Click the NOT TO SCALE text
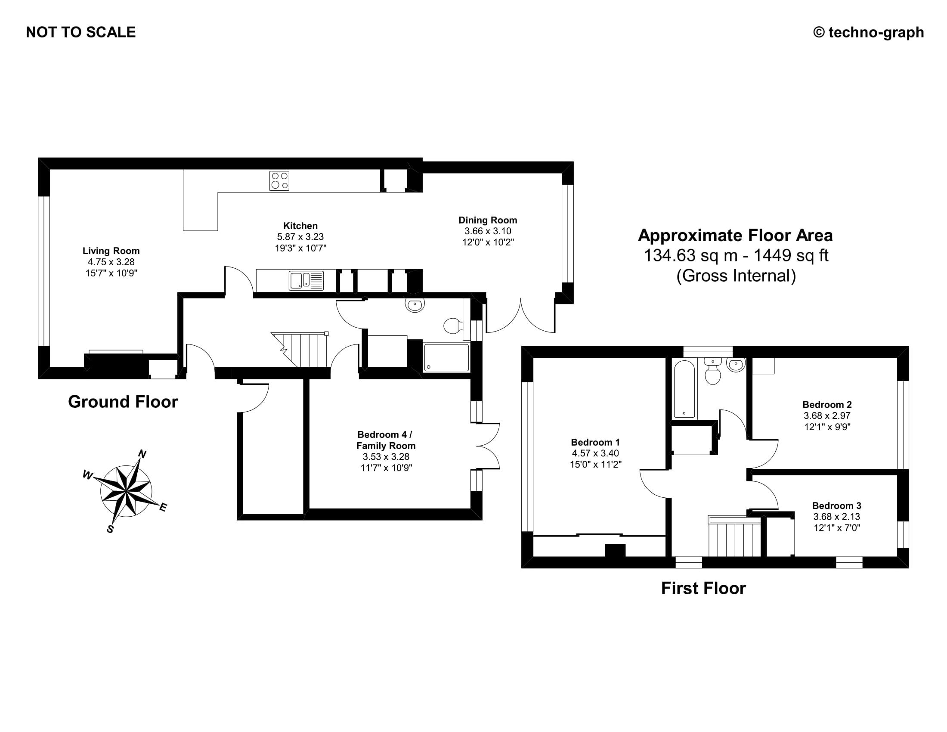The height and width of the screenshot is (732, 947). (x=80, y=33)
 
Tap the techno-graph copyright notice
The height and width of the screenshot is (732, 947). (x=869, y=33)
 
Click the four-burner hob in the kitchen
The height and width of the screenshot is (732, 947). (x=279, y=181)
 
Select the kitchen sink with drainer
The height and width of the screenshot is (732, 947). (x=306, y=281)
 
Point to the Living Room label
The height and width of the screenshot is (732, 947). (x=111, y=251)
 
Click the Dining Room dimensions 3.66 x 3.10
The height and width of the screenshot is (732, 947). (x=488, y=231)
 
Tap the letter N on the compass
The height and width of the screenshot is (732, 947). (x=142, y=454)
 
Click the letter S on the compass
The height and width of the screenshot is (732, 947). (x=110, y=529)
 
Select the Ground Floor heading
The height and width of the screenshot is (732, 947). (x=123, y=402)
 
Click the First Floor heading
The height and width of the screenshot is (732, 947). (x=703, y=589)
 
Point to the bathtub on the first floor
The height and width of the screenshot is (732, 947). (x=684, y=389)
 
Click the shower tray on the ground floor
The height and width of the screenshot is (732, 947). (x=446, y=357)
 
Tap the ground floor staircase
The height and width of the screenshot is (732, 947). (x=303, y=350)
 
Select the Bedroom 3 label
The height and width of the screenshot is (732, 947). (x=836, y=506)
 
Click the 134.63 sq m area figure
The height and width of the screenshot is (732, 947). (x=691, y=255)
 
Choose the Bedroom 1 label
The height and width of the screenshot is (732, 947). (x=595, y=442)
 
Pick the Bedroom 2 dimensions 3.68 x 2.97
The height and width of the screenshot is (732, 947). (x=827, y=416)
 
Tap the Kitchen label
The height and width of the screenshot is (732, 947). (x=300, y=226)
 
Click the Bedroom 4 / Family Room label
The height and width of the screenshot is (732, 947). (x=386, y=440)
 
